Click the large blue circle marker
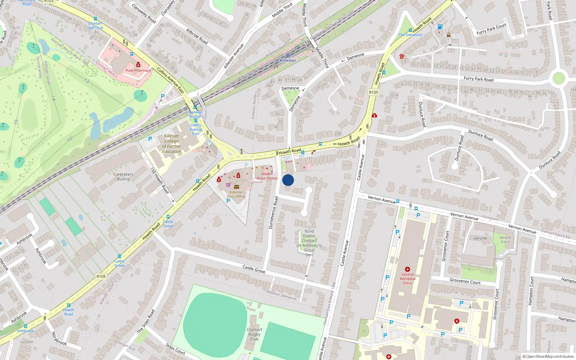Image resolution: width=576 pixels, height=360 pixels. pos(288,180)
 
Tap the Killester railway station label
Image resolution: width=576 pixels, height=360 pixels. pos(288,60)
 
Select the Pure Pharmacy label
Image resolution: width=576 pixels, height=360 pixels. pos(138,71)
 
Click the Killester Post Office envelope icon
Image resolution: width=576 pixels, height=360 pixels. pos(237,187)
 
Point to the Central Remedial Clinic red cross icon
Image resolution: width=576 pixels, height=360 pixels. pos(408,269)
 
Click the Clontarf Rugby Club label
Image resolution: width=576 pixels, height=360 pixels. pos(255,334)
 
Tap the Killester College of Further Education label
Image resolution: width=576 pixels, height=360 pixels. pos(172,144)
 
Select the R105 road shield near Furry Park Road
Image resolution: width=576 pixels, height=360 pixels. pos(374,93)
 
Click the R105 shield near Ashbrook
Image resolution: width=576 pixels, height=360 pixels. pos(101,276)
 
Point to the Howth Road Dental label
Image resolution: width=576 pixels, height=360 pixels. pos(267,176)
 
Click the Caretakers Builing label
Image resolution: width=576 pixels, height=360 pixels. pos(123,176)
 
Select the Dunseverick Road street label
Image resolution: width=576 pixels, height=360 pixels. pos(273,212)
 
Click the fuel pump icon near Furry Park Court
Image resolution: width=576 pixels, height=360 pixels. pos(440,27)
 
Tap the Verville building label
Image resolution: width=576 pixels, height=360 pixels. pos(480,238)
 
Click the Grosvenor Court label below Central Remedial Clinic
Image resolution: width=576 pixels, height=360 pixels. pos(465,281)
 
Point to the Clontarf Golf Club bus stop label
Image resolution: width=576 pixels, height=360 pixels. pos(95,26)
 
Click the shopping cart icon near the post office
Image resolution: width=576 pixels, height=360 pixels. pos(228,185)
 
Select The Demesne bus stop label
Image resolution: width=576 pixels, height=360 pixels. pos(410,35)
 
